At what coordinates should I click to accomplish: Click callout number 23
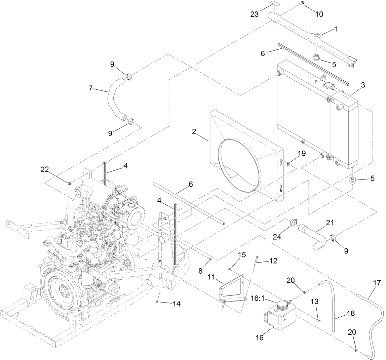pyautogui.click(x=255, y=14)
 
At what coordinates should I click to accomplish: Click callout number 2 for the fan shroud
pyautogui.click(x=194, y=131)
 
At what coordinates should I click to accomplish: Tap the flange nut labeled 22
pyautogui.click(x=69, y=183)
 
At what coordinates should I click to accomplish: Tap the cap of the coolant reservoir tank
pyautogui.click(x=282, y=305)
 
